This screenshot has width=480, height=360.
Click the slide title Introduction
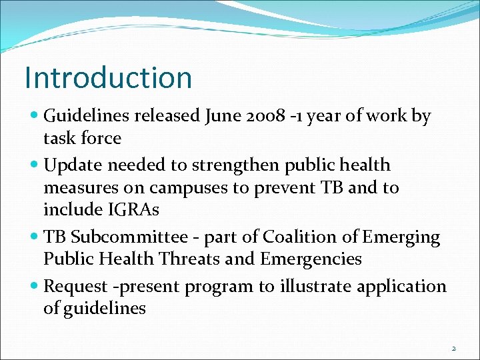[108, 77]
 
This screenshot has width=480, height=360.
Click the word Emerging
[402, 237]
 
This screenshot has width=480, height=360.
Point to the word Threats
[211, 259]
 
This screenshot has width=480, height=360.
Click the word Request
[75, 287]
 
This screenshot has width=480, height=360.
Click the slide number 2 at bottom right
[454, 348]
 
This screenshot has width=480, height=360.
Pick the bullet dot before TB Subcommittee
[35, 237]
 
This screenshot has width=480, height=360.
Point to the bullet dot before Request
[35, 287]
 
